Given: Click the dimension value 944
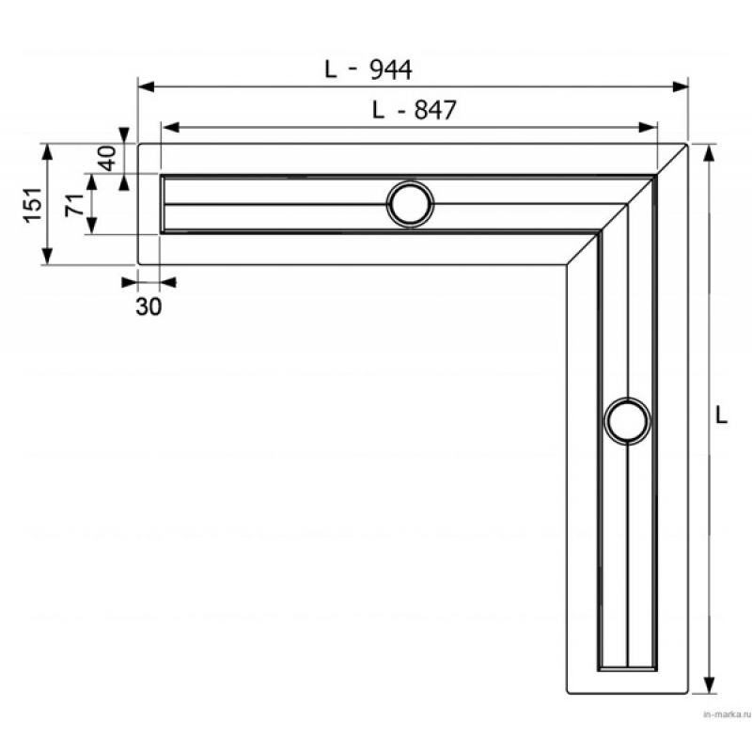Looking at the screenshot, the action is [x=390, y=70].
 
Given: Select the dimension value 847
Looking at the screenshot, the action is [x=435, y=110].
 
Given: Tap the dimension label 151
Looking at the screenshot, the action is [x=34, y=205].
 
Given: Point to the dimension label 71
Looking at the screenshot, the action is [x=75, y=205].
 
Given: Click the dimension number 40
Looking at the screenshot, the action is [x=107, y=158].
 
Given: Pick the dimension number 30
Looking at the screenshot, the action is [x=149, y=306].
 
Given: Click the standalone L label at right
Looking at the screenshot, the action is [x=721, y=415].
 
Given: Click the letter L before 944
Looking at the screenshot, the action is [x=331, y=70].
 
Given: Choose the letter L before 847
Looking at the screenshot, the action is [x=379, y=110].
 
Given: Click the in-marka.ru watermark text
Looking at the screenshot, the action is [x=726, y=715].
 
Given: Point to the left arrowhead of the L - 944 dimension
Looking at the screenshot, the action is [x=147, y=86].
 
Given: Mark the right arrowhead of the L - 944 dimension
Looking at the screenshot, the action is [x=680, y=86].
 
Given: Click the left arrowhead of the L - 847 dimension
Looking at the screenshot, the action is [x=171, y=128].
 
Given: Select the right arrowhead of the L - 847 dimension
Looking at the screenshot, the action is [x=648, y=128].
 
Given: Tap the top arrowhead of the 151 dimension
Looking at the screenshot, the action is [x=47, y=152].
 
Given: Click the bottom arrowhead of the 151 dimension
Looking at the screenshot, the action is [x=47, y=256].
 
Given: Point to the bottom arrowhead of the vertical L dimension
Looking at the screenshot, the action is [x=709, y=685].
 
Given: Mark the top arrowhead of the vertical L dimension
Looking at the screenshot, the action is [x=709, y=153].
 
